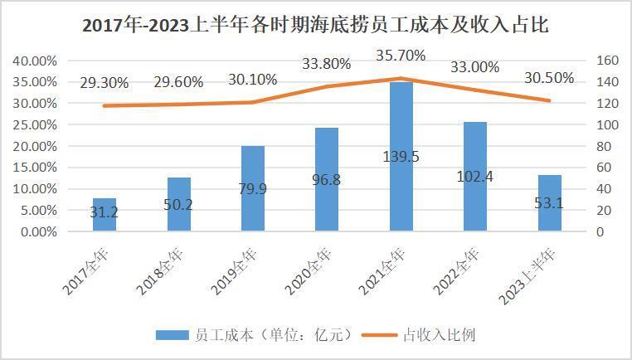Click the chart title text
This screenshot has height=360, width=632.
click(315, 25)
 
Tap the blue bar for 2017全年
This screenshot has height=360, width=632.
click(104, 215)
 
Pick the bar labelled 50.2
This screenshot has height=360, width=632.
click(178, 204)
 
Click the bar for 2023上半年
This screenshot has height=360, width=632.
click(549, 203)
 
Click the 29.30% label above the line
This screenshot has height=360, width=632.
click(104, 83)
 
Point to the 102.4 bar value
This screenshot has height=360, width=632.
click(475, 177)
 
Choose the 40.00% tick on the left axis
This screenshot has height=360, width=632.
click(34, 61)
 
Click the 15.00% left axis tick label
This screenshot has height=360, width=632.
click(34, 168)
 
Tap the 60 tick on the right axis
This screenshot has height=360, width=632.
click(605, 168)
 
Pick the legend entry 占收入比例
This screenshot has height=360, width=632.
click(439, 335)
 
